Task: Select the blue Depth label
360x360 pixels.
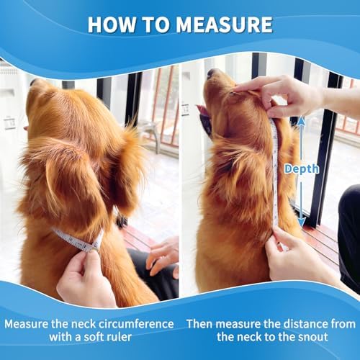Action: [301, 168]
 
